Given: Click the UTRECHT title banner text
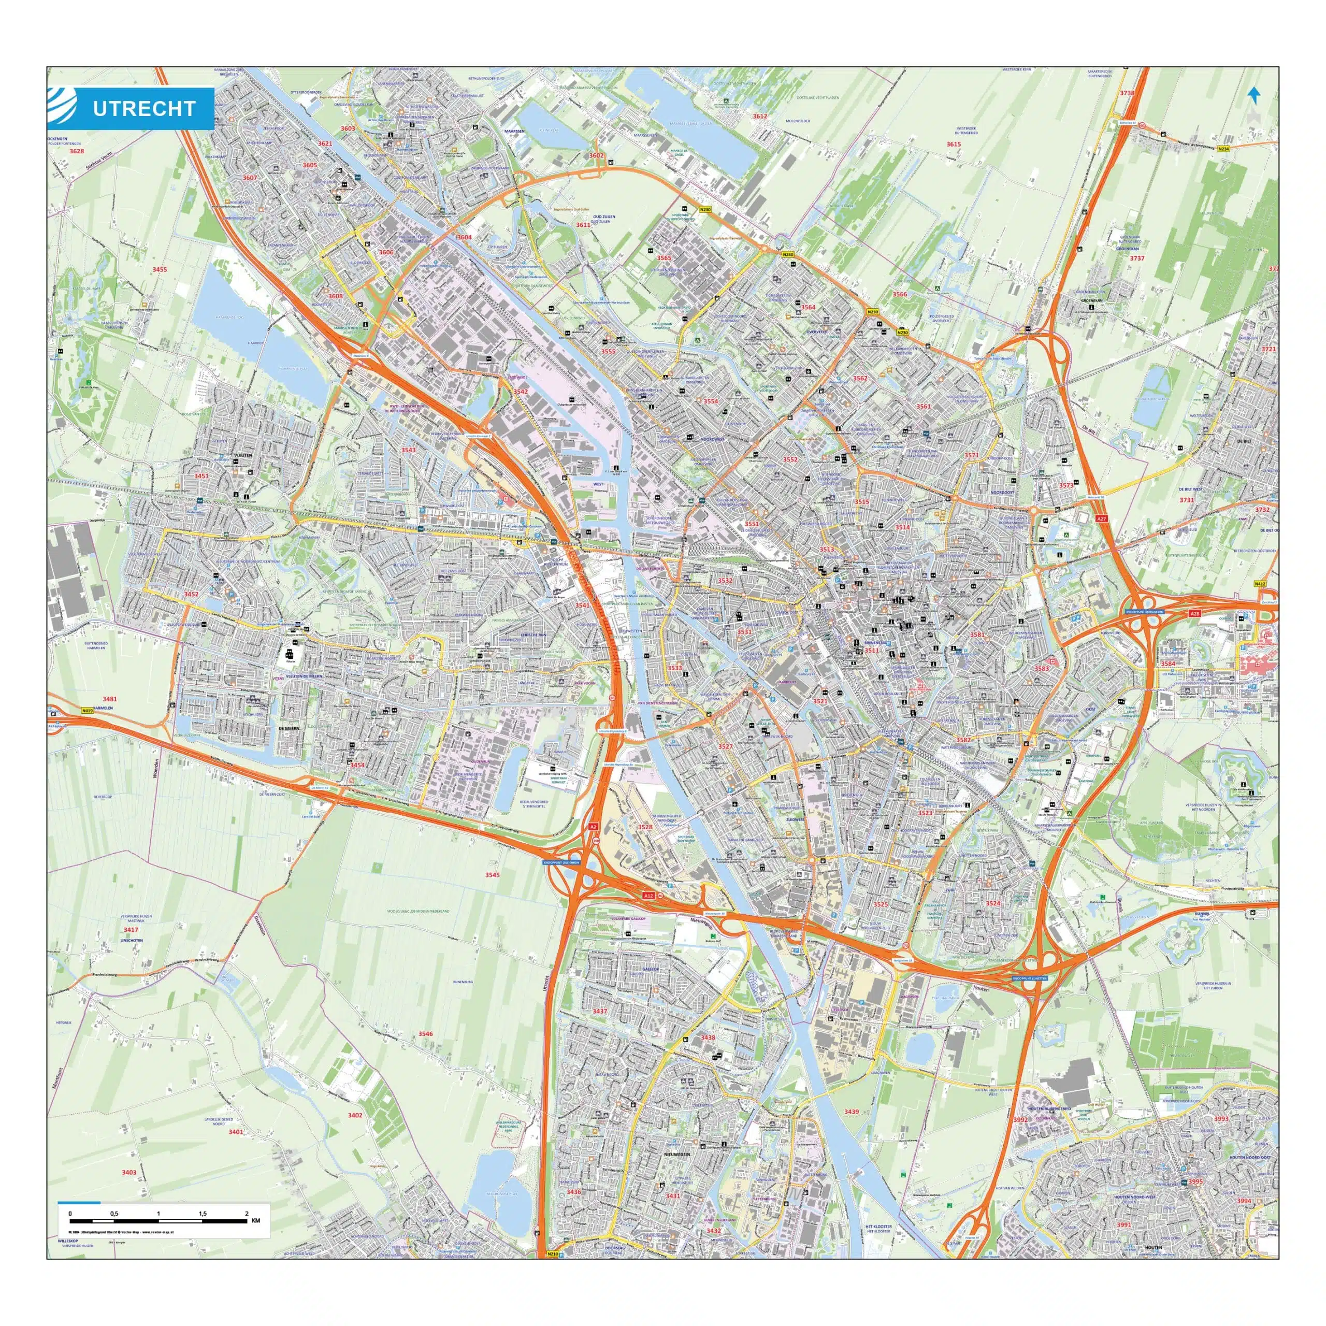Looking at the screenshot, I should point(144,108).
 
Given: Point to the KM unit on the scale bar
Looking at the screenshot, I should point(256,1220).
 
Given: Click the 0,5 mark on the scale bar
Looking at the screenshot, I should point(114,1214).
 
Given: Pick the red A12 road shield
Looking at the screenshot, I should point(648,896).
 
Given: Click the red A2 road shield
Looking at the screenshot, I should point(594,828).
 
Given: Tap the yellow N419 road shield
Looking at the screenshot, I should point(87,711).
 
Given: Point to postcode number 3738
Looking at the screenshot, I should point(1127,93).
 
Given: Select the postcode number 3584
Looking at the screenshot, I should point(1168,665).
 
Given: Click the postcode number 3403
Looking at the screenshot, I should point(129,1173).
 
